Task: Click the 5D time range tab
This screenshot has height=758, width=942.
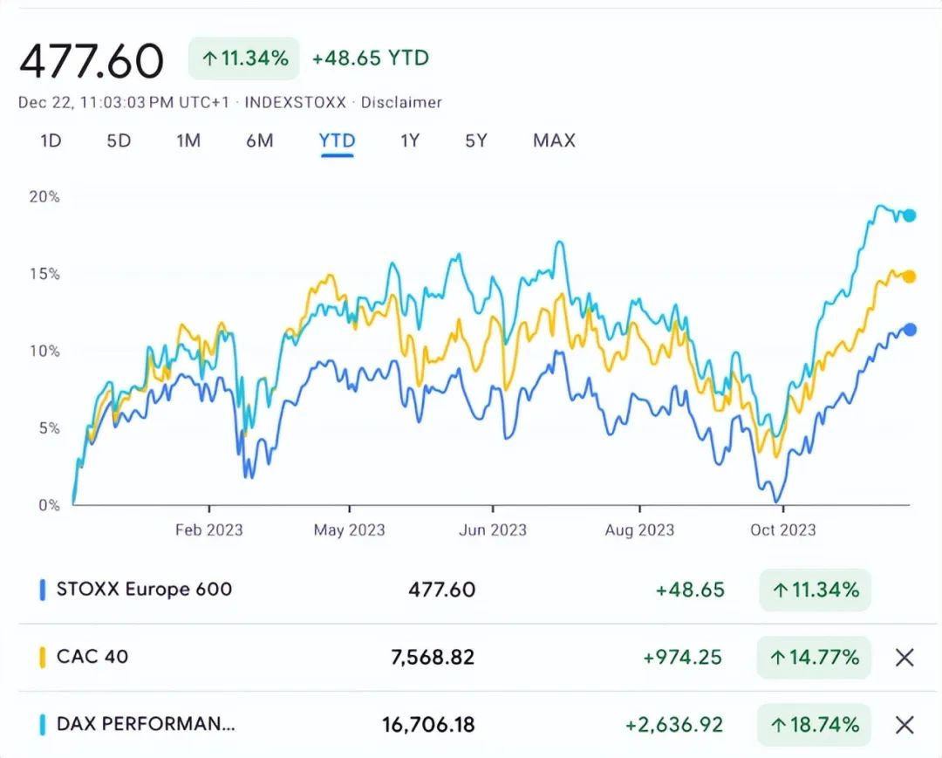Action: point(119,140)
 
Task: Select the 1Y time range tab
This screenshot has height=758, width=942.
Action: point(410,140)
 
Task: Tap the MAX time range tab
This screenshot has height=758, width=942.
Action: point(554,140)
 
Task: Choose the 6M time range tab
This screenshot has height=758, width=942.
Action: point(260,140)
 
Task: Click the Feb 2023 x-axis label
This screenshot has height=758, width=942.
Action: point(208,529)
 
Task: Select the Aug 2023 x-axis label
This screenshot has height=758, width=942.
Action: point(639,529)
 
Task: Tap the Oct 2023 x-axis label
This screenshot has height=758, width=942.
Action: point(782,529)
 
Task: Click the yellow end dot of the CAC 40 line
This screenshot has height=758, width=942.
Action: point(909,277)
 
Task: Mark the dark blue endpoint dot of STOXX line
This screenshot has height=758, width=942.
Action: point(910,330)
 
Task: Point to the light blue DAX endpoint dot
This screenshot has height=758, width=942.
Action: point(909,215)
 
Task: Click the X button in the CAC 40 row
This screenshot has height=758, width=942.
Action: point(904,658)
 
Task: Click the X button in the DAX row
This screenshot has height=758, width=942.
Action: point(904,725)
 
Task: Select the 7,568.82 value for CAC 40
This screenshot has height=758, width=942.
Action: point(433,658)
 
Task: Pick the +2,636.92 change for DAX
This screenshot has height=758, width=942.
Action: point(674,725)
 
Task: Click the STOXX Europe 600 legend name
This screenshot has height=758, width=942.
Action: point(144,589)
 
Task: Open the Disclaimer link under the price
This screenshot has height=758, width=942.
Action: point(401,102)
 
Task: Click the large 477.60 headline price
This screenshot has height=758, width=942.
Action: point(92,61)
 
